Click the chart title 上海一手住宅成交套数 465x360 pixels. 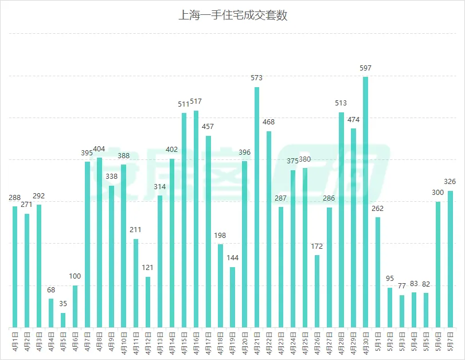coord(233,15)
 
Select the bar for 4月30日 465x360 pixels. coord(365,202)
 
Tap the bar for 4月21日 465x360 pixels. coord(257,208)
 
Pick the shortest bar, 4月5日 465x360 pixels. coord(63,320)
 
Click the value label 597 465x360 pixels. coord(365,68)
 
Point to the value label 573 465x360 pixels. coord(256,78)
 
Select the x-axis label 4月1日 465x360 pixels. coord(15,342)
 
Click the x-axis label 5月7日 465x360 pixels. coord(450,342)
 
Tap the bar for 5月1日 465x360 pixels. coord(377,272)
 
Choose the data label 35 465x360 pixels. coord(63,304)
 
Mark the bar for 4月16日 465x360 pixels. coord(196,219)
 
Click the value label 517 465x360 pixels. coord(196,101)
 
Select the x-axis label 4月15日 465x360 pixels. coord(184,343)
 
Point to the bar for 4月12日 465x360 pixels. coord(148,302)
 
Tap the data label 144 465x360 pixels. coord(233,258)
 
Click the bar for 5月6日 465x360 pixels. coord(438,264)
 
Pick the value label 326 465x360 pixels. coord(450,182)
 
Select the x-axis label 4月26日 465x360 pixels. coord(317,343)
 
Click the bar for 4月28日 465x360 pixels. coord(341,220)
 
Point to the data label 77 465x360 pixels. coord(401,286)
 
